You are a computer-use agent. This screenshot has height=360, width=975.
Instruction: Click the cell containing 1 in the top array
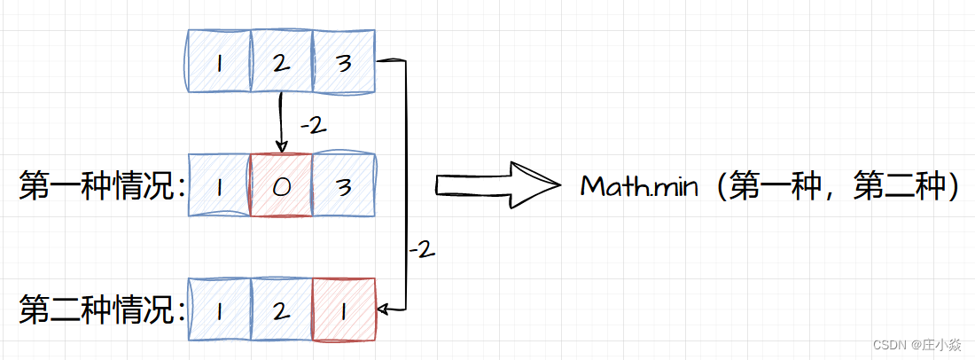coord(220,61)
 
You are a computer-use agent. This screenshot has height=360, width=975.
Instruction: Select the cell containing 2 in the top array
coord(282,61)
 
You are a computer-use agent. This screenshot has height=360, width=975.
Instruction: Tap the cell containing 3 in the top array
coord(344,61)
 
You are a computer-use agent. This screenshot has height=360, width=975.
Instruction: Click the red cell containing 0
coord(282,185)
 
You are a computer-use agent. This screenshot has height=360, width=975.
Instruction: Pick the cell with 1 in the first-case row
coord(220,185)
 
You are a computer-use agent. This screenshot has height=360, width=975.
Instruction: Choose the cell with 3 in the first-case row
coord(344,185)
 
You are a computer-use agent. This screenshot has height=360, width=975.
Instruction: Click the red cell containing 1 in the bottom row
coord(344,309)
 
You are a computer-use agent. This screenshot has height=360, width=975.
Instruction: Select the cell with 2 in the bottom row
coord(282,309)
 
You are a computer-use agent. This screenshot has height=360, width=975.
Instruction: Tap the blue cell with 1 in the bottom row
coord(220,309)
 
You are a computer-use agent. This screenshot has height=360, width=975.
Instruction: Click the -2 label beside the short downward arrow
coord(313,126)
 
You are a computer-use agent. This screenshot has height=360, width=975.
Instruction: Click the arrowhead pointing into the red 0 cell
coord(281,147)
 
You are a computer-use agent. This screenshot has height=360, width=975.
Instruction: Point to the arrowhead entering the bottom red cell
coord(383,309)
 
